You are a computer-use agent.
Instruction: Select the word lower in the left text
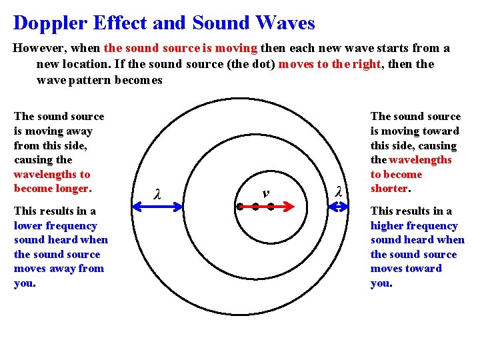(27, 226)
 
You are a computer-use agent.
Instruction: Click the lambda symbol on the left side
(157, 195)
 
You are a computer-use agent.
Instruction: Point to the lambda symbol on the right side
(338, 192)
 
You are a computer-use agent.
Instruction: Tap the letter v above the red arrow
(265, 193)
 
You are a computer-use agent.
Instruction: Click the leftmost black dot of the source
(240, 207)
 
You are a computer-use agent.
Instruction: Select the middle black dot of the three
(255, 207)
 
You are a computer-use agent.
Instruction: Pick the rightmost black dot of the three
(271, 207)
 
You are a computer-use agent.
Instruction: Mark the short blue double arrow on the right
(339, 207)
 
